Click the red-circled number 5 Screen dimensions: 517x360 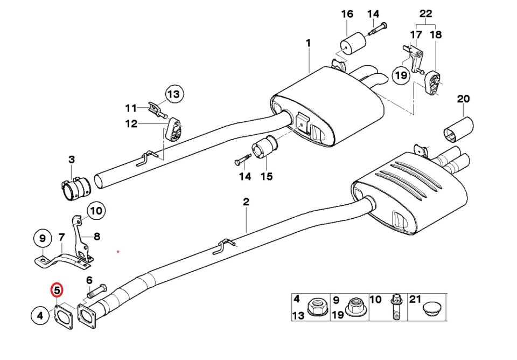[57, 290]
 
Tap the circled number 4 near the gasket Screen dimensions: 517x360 [40, 316]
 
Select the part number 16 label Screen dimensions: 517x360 [347, 14]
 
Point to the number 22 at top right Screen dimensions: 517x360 [425, 14]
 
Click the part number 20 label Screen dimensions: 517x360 [463, 99]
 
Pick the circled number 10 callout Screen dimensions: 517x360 [96, 211]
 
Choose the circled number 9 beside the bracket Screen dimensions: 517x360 [43, 238]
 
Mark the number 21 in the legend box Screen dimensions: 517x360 [415, 299]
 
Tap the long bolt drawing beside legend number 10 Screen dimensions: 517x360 [395, 308]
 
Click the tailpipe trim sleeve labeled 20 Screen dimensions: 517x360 [458, 129]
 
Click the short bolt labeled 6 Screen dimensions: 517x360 [96, 291]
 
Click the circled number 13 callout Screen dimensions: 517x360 [174, 94]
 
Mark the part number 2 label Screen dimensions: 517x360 [246, 202]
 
